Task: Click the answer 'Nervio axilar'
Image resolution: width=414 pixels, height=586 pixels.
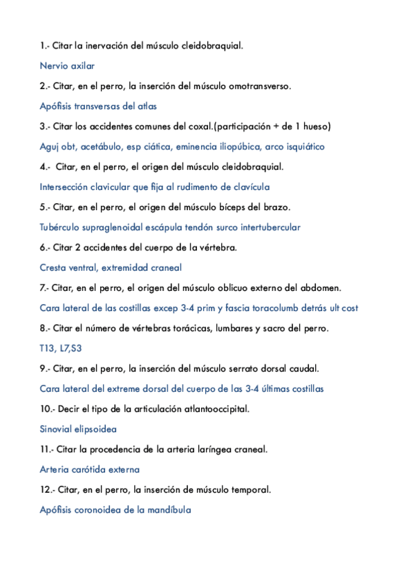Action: coord(67,66)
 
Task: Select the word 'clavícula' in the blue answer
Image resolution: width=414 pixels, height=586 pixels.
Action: coord(250,187)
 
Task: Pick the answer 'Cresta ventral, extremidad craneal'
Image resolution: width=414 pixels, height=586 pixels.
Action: coord(111,267)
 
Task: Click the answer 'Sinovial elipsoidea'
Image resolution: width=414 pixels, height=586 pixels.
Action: coord(78,428)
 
